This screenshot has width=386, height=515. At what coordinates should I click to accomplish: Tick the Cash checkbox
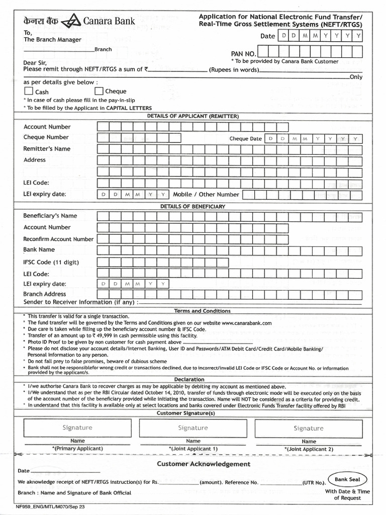coord(28,92)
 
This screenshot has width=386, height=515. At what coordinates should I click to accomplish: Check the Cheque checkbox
coord(99,91)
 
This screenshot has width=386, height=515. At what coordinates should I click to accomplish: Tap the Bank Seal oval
coord(348,479)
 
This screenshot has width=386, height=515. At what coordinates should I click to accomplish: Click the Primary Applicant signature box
coord(77,428)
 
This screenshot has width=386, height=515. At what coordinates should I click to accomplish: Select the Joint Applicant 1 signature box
coord(193,428)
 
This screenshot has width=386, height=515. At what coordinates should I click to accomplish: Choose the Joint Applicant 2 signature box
coord(309,428)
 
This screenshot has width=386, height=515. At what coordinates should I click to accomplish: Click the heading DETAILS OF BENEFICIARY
coord(193,206)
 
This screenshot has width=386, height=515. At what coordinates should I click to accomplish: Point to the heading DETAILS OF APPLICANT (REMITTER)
coord(193,116)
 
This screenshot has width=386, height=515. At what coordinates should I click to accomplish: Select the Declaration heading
coord(189,379)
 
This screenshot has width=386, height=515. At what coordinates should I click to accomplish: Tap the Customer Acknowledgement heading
coord(204,464)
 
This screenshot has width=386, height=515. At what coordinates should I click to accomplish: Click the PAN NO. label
coord(244,53)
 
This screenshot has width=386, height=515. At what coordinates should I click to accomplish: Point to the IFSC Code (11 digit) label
coord(51,262)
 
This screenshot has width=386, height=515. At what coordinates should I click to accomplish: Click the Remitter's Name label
coord(47,149)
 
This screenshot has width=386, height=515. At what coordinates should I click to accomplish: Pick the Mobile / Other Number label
coord(206,194)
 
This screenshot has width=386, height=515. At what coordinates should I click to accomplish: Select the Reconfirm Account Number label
coord(58,239)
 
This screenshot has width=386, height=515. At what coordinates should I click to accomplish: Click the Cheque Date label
coord(246,139)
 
